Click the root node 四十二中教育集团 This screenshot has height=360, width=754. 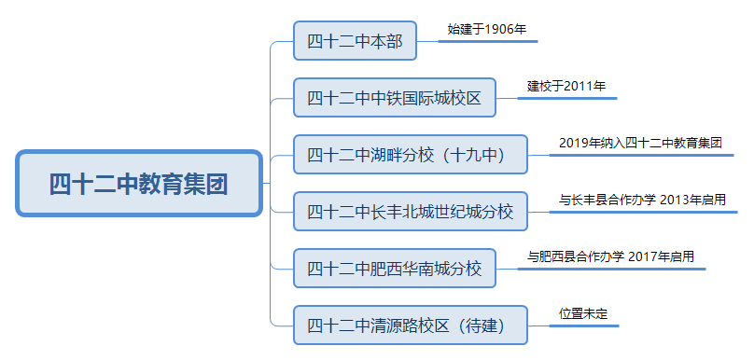(x=138, y=183)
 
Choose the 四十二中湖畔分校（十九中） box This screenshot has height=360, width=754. (x=410, y=155)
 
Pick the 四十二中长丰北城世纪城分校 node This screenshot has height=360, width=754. (x=410, y=212)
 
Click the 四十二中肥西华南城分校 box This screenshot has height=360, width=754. (x=394, y=269)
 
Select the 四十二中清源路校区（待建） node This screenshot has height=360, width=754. (x=410, y=325)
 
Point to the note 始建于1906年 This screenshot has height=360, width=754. (x=488, y=30)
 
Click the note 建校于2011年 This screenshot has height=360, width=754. (x=566, y=86)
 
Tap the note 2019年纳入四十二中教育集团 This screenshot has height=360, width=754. (x=640, y=143)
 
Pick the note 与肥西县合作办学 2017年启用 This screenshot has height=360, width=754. (x=610, y=256)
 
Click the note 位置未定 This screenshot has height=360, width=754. (x=583, y=313)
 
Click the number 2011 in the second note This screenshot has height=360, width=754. (x=578, y=86)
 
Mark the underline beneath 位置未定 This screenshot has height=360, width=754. (x=584, y=325)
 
